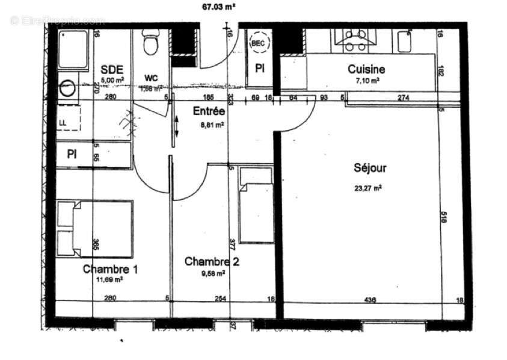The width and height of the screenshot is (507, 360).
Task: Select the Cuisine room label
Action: point(366,69)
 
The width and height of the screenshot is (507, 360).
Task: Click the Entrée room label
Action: point(209,111)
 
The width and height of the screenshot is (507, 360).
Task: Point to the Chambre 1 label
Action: point(111,269)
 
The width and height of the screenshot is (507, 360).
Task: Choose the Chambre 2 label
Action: point(207,261)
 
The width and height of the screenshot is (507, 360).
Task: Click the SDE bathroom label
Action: point(111,69)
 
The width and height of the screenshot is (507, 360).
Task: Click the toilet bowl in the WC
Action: point(150,44)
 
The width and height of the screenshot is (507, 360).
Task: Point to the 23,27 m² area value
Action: point(368,187)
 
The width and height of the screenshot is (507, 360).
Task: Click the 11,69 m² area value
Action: point(111,280)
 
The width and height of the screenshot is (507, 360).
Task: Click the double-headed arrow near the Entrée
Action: point(176,126)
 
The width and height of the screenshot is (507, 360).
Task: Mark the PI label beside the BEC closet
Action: point(260,69)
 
